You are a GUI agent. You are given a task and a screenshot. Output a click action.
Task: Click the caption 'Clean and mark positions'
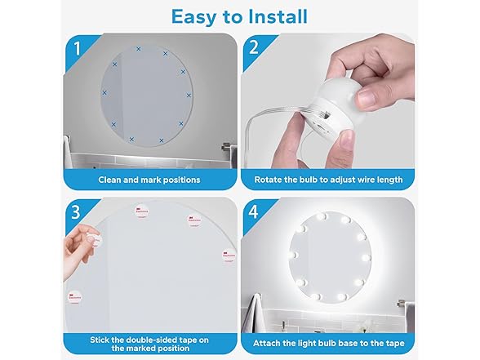[149, 180]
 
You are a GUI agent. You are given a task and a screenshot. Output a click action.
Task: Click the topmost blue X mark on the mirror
[138, 49]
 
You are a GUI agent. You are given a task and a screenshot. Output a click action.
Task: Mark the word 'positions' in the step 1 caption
[180, 180]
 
